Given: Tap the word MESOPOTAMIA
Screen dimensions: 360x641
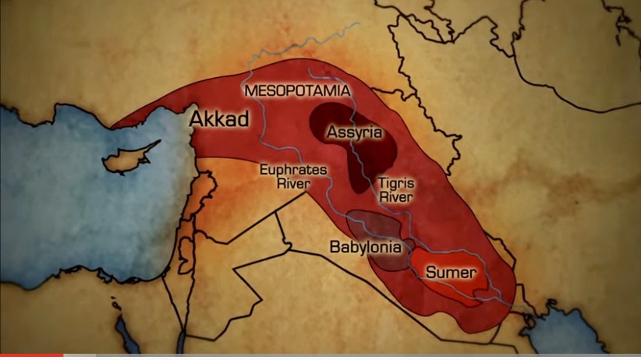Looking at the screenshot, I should (296, 91).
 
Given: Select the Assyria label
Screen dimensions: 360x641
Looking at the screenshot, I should (355, 132).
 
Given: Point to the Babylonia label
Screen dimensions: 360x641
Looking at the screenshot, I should (365, 248).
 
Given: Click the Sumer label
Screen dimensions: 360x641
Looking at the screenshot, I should (450, 273).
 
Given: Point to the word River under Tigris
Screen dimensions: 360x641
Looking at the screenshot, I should (395, 197).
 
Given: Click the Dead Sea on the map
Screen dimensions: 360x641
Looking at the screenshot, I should (186, 249).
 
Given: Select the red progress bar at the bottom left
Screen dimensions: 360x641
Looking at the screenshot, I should (31, 357).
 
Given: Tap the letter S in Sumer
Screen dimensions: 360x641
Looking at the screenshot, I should (430, 273).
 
